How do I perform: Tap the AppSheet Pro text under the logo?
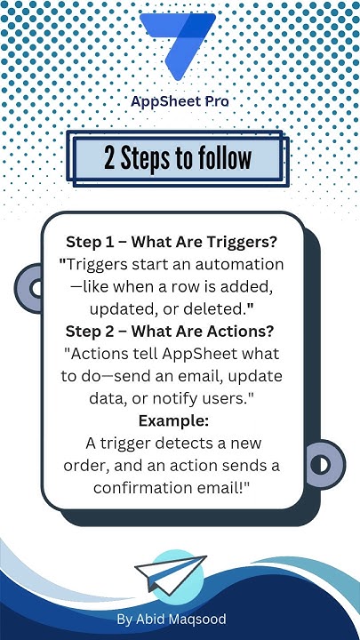coord(180,102)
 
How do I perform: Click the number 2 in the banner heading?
coord(110,158)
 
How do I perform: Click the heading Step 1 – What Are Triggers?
coord(174,241)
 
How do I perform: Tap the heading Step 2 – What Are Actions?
coord(174,331)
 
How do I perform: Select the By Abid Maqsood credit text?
coord(171,619)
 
